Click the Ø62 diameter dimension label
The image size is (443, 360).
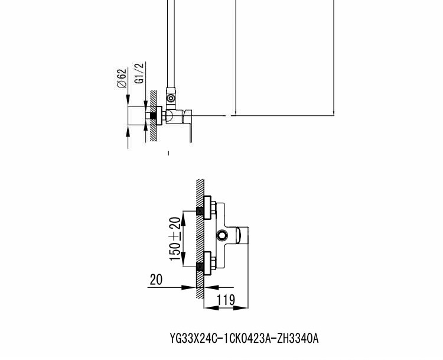122,79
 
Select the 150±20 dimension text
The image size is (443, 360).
175,239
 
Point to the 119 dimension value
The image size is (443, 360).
226,300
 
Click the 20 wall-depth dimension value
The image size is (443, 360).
157,280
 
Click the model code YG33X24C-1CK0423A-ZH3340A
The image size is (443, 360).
244,338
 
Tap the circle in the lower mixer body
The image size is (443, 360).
221,235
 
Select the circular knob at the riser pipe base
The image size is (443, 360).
171,98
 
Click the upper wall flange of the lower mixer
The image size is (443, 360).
207,207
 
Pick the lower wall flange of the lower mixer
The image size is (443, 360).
207,263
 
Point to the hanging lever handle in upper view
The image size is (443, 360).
187,126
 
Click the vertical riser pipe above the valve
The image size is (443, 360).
171,44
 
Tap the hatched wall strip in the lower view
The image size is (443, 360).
200,238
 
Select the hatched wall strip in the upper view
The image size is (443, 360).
153,116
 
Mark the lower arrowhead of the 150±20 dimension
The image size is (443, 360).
183,260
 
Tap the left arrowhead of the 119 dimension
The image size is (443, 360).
211,307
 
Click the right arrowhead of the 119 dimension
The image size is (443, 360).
240,307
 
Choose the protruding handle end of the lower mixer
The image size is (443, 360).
242,235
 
